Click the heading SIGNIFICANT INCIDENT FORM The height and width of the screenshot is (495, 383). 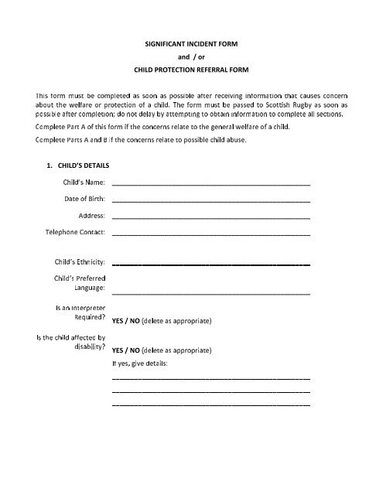click(190, 46)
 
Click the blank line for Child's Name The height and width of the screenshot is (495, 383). click(210, 186)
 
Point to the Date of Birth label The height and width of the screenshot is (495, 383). click(85, 198)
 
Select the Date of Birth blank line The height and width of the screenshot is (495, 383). click(210, 202)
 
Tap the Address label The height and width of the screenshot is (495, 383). click(92, 215)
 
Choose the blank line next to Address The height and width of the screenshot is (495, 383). click(210, 219)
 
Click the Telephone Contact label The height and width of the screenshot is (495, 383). click(75, 231)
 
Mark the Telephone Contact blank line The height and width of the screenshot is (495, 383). click(210, 234)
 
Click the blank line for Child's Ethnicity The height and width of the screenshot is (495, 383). click(210, 265)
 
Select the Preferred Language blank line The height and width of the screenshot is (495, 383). click(210, 295)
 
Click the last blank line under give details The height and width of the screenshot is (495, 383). click(210, 405)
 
